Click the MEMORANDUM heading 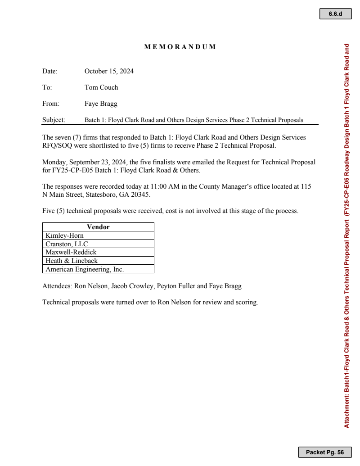(x=180, y=47)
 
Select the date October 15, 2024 (x=109, y=71)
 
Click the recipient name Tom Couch (x=101, y=87)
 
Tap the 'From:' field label (x=51, y=104)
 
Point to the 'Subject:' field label (x=54, y=120)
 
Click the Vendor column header (x=98, y=227)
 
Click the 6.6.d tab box (x=335, y=14)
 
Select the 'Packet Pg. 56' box (x=324, y=452)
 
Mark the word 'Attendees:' (x=56, y=286)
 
